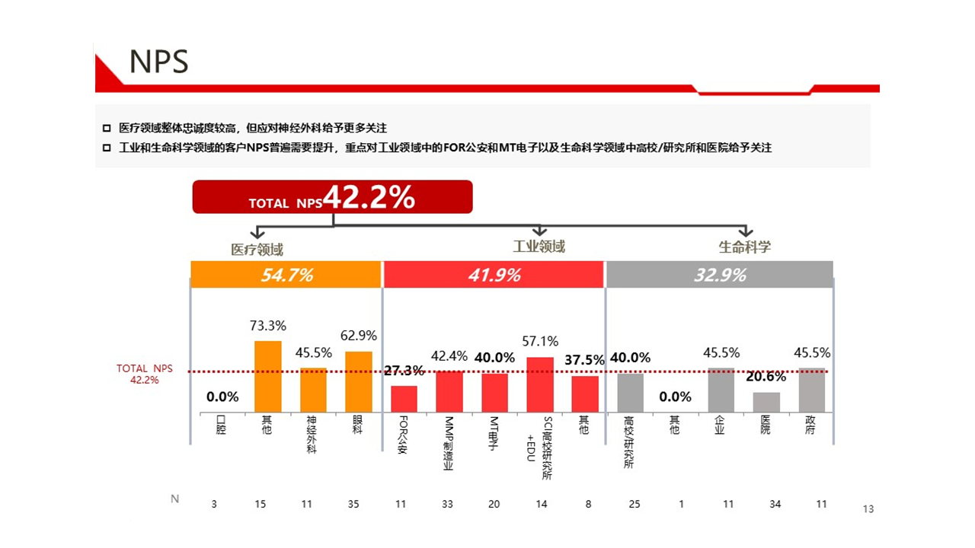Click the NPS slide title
(x=158, y=62)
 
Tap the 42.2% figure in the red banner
(x=369, y=197)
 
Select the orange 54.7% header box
(x=286, y=275)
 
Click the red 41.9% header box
(x=494, y=275)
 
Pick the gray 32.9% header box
(x=719, y=275)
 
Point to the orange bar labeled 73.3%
(x=267, y=377)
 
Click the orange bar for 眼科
(x=358, y=382)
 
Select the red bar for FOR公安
(x=404, y=399)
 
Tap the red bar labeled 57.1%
(x=540, y=385)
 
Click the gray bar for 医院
(x=766, y=403)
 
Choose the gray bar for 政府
(x=812, y=390)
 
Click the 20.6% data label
(x=766, y=377)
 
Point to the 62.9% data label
(x=358, y=336)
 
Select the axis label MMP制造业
(x=449, y=443)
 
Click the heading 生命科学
(x=744, y=247)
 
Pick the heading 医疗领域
(x=257, y=250)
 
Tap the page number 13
(x=868, y=509)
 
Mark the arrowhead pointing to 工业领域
(x=539, y=230)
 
